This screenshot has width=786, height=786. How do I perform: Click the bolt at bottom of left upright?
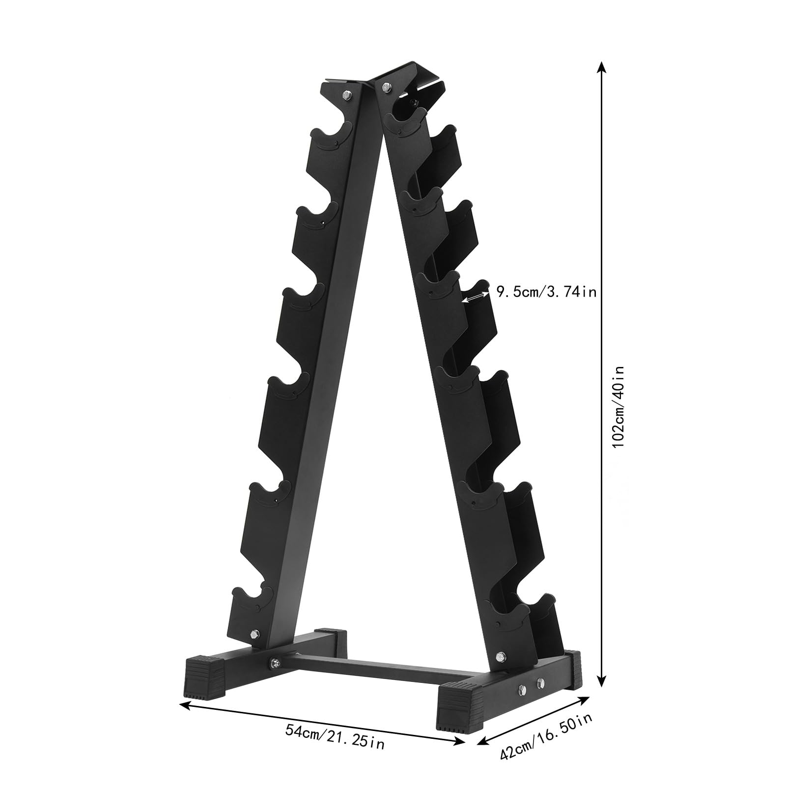coord(254,633)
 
